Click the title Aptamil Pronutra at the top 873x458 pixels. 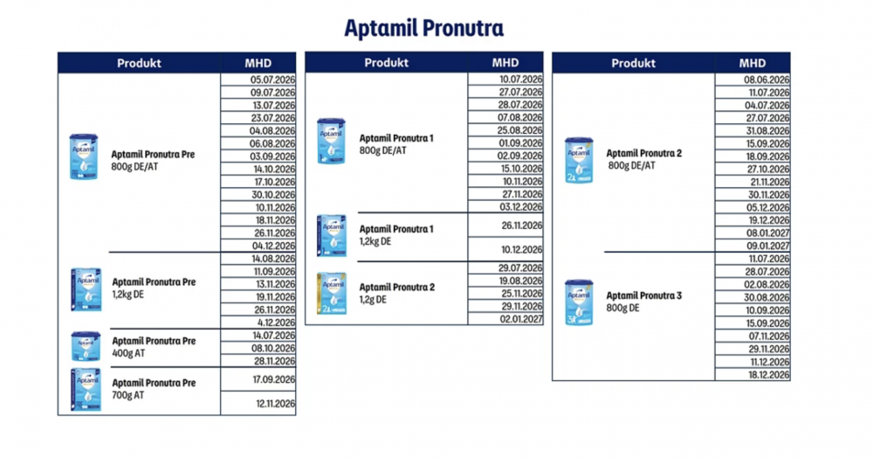[x=423, y=27]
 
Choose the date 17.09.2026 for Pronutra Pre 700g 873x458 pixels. [x=273, y=379]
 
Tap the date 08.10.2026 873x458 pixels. [x=273, y=348]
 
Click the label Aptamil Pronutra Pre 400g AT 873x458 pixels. [x=153, y=346]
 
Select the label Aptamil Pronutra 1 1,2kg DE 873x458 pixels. [x=396, y=234]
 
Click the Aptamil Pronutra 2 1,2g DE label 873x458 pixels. [x=396, y=292]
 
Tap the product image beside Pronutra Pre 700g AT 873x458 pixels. [x=86, y=389]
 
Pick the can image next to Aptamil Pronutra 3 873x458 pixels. [x=579, y=302]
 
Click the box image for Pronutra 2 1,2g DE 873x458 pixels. [x=332, y=292]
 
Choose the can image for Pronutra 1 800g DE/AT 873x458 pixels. [x=331, y=142]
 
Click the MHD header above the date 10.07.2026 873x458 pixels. [x=505, y=63]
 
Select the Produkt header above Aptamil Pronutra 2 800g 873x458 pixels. [x=634, y=63]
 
